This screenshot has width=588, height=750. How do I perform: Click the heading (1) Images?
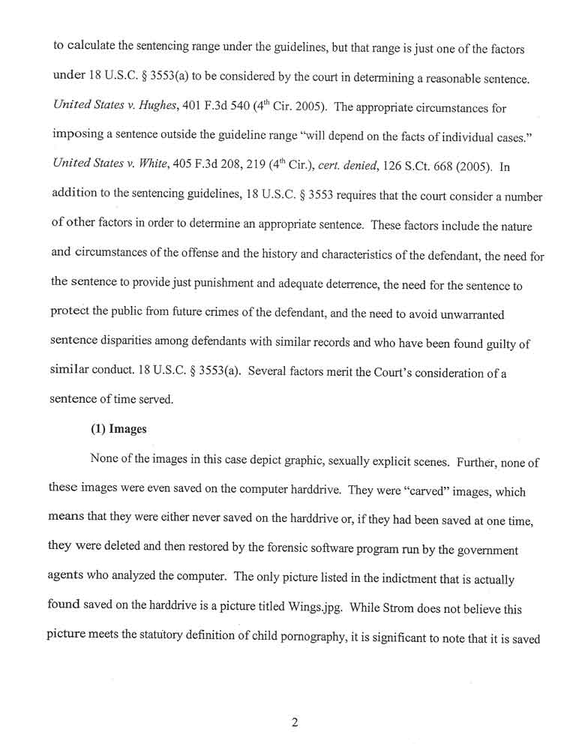click(118, 430)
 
